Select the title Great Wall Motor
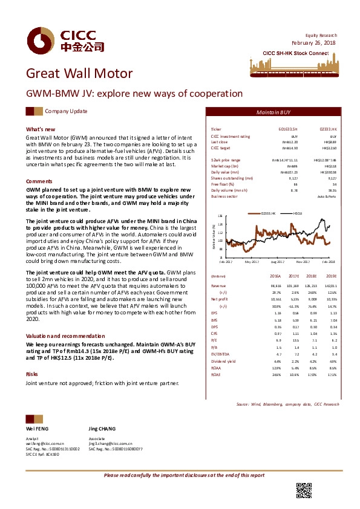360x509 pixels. coord(79,74)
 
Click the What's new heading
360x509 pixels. coord(41,129)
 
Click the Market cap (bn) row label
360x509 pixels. coord(224,165)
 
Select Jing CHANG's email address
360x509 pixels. coord(111,444)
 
